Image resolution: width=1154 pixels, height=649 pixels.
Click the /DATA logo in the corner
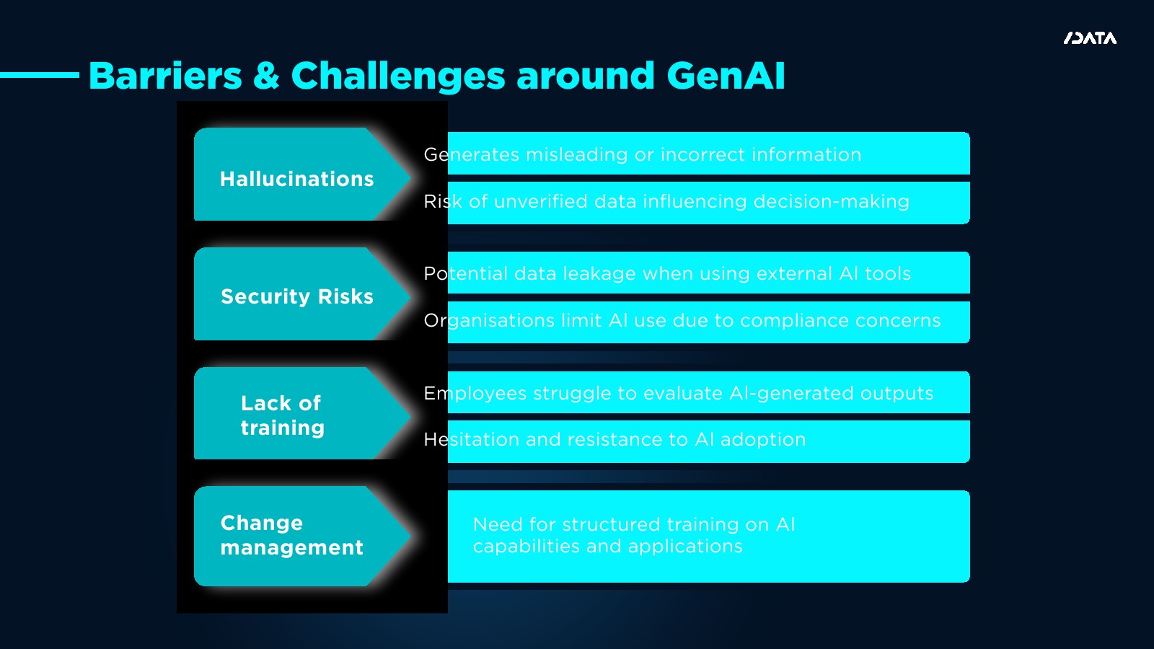(1090, 38)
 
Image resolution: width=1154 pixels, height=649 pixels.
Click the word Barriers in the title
(165, 76)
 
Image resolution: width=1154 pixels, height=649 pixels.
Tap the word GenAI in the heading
(726, 76)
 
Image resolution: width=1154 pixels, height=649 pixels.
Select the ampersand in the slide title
(266, 76)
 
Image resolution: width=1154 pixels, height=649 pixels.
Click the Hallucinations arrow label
(296, 179)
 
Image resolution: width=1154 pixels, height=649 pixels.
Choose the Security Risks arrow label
(296, 296)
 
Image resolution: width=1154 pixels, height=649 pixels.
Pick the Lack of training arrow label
(282, 415)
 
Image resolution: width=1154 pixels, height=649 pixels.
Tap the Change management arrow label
(291, 535)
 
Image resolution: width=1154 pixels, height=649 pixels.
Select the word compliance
(792, 320)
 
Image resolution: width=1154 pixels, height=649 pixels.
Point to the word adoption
(762, 439)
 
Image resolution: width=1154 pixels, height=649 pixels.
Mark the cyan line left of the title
(40, 74)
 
